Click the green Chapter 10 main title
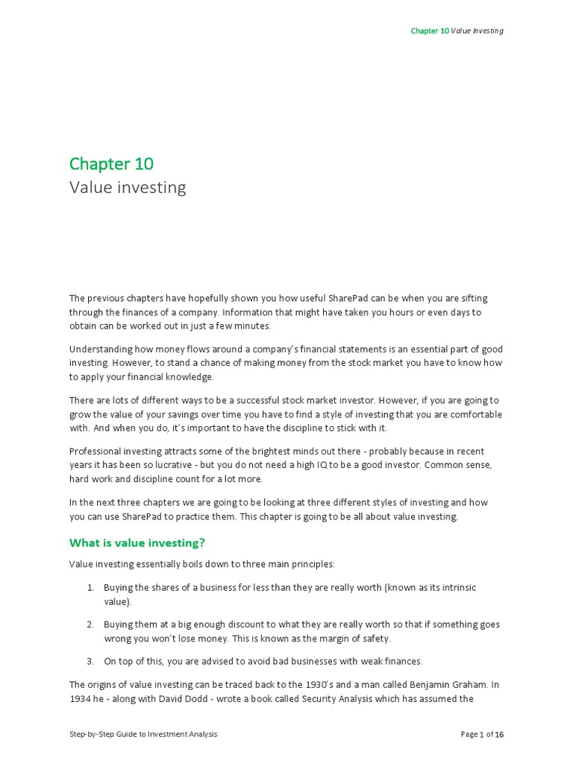[x=111, y=163]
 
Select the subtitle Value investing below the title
[x=128, y=187]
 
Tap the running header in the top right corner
[x=457, y=31]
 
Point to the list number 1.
[x=90, y=588]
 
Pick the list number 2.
[x=90, y=624]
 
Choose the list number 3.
[x=90, y=661]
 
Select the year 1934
[x=81, y=699]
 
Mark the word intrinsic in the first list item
[x=460, y=588]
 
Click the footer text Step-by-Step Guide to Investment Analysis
[x=143, y=735]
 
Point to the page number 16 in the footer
[x=499, y=735]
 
